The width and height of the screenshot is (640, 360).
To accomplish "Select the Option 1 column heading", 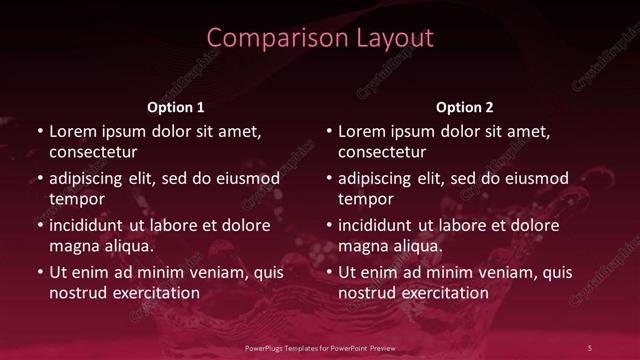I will tap(176, 107).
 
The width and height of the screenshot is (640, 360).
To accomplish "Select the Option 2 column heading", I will tap(465, 107).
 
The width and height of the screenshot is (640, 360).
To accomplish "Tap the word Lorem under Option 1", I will tap(73, 131).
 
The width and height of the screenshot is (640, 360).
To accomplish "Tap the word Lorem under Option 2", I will tap(363, 131).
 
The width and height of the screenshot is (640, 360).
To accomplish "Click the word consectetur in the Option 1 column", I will tap(93, 152).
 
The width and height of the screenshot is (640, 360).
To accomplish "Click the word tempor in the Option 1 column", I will tap(74, 199).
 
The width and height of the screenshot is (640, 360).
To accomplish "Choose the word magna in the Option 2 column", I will tap(364, 246).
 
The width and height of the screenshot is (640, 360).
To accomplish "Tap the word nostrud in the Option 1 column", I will tap(78, 293).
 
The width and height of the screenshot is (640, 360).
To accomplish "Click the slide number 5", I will tap(590, 347).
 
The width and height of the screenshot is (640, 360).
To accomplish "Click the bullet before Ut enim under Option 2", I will tap(330, 272).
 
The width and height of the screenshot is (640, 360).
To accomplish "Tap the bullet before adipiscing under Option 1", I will tap(40, 178).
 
